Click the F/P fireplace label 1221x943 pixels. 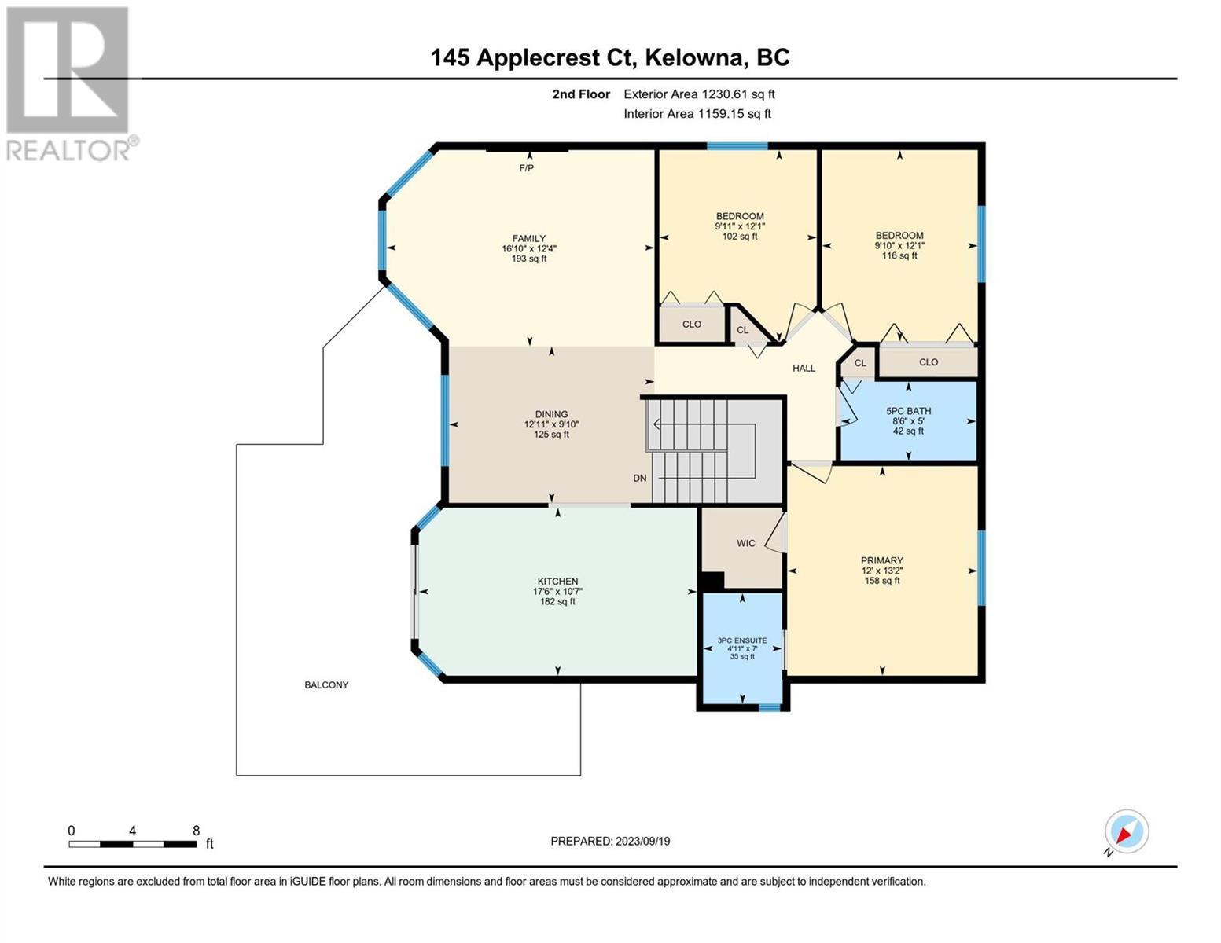(526, 168)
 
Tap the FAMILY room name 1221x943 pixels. (528, 238)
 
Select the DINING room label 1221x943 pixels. (551, 414)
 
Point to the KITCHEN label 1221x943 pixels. (557, 582)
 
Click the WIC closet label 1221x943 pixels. (745, 543)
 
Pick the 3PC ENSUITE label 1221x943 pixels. (741, 640)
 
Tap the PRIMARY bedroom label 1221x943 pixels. (881, 560)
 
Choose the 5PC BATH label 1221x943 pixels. (908, 411)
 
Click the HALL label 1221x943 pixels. (804, 369)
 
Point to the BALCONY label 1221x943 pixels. (326, 684)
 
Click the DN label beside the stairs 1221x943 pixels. (639, 478)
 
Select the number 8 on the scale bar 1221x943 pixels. (196, 831)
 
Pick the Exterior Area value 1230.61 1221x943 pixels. (723, 94)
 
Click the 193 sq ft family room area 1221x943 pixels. (529, 259)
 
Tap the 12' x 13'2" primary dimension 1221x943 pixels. (881, 571)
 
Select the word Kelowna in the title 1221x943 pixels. (693, 58)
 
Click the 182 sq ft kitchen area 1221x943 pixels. (557, 601)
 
